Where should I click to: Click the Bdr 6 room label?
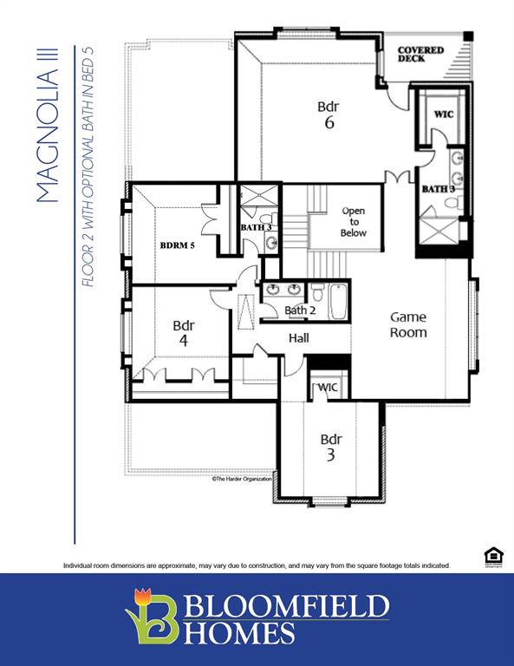tap(328, 114)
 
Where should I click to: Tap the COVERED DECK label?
tap(420, 54)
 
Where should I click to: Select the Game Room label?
tap(407, 324)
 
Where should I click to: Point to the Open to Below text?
tap(354, 222)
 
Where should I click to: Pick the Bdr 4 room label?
tap(183, 333)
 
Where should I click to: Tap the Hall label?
tap(300, 337)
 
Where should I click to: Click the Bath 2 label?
tap(301, 310)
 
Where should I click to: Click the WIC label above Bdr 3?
tap(329, 387)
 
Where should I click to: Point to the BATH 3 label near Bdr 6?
tap(439, 188)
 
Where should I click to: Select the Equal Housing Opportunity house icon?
tap(492, 555)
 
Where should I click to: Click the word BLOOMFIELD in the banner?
tap(286, 604)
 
